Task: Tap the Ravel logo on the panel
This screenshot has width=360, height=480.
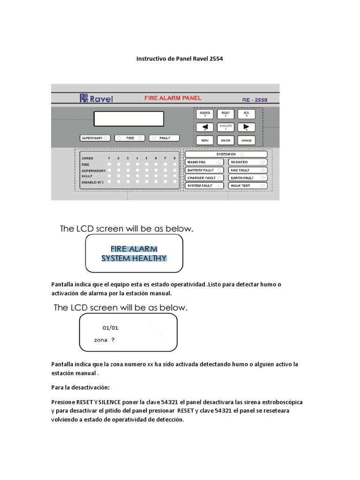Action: point(96,98)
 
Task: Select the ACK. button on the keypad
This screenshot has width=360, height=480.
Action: point(246,114)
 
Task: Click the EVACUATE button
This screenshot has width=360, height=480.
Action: point(225,127)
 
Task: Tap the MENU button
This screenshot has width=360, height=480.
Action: point(205,140)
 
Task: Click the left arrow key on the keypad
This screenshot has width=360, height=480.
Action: point(205,127)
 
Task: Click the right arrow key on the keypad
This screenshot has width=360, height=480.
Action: point(246,127)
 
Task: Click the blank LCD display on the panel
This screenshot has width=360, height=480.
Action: point(128,119)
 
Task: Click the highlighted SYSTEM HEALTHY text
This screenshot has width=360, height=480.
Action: point(134,258)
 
